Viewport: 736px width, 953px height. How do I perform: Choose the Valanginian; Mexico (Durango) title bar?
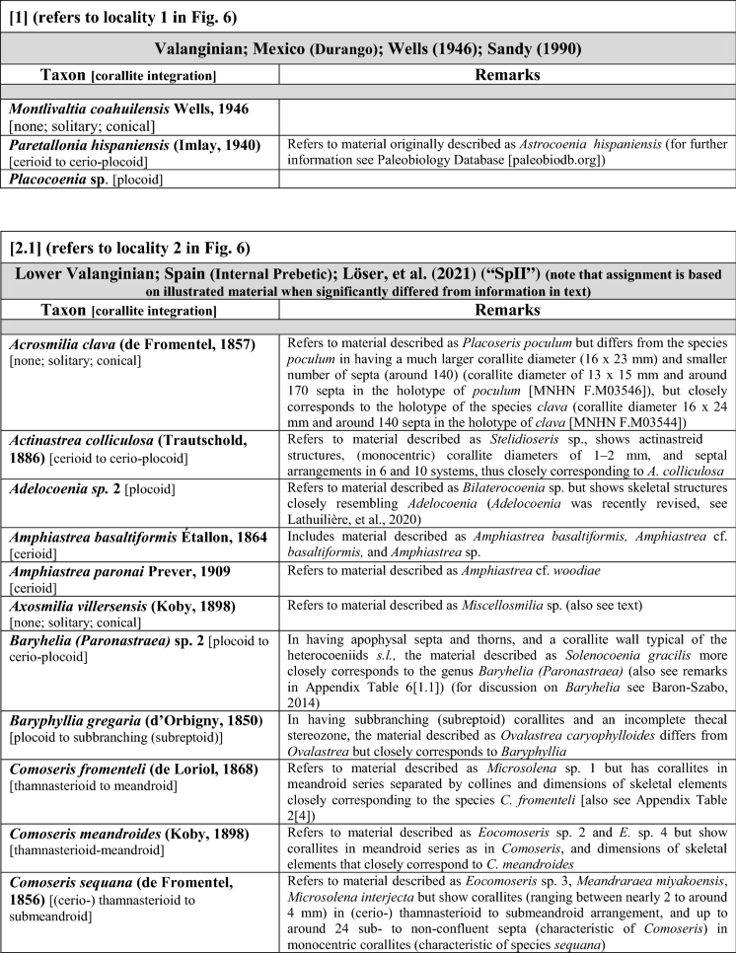pos(368,49)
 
